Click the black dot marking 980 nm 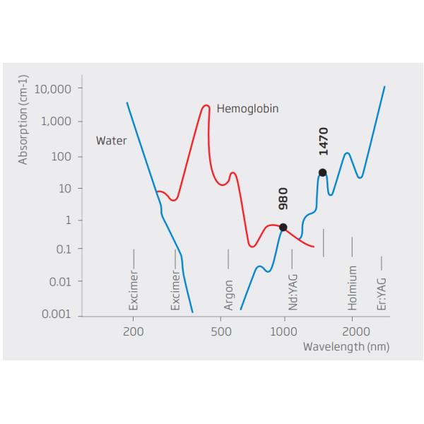[283, 227]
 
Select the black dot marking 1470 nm [322, 172]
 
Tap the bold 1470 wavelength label [323, 141]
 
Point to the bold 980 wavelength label [283, 199]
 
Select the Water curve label [111, 141]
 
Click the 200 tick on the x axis [133, 332]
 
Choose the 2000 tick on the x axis [355, 332]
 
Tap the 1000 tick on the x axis [284, 332]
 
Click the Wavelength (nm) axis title [346, 347]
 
